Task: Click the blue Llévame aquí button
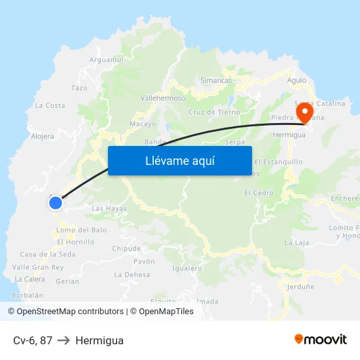pyautogui.click(x=179, y=160)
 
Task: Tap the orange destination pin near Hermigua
pyautogui.click(x=304, y=113)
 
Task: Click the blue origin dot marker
pyautogui.click(x=56, y=202)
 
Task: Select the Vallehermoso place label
pyautogui.click(x=163, y=98)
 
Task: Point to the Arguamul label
pyautogui.click(x=106, y=60)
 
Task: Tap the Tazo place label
pyautogui.click(x=79, y=88)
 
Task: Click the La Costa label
pyautogui.click(x=50, y=105)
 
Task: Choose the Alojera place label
pyautogui.click(x=43, y=137)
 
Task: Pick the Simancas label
pyautogui.click(x=216, y=81)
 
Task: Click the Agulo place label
pyautogui.click(x=297, y=81)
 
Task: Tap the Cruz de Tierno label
pyautogui.click(x=214, y=112)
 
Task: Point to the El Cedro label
pyautogui.click(x=259, y=193)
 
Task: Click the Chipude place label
pyautogui.click(x=126, y=249)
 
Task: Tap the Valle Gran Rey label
pyautogui.click(x=38, y=267)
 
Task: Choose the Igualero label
pyautogui.click(x=187, y=268)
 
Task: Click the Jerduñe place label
pyautogui.click(x=300, y=286)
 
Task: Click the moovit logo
pyautogui.click(x=321, y=340)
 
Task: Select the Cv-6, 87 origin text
pyautogui.click(x=33, y=340)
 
